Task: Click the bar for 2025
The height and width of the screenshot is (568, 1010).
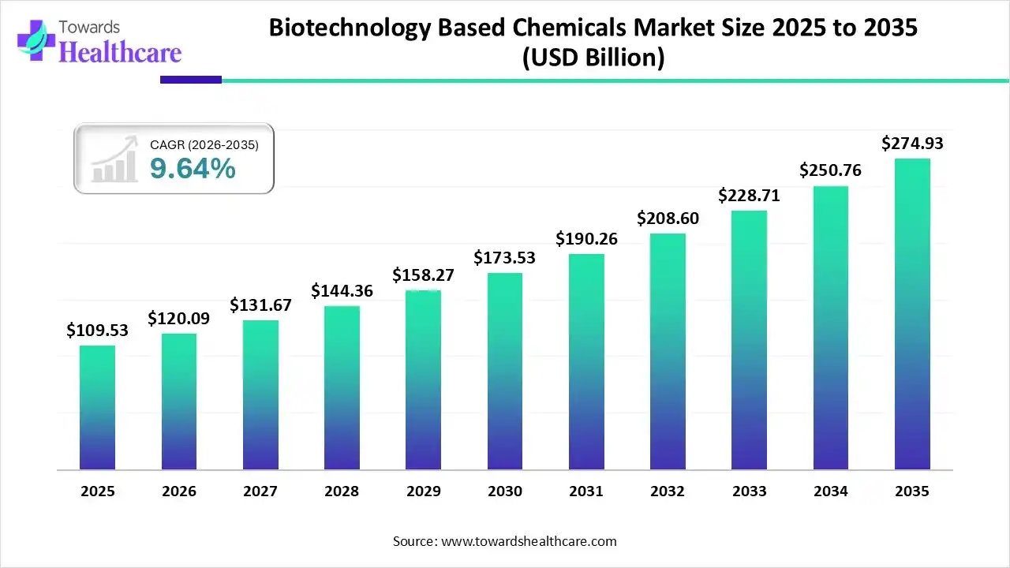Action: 97,408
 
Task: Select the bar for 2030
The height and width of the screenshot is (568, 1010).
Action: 504,372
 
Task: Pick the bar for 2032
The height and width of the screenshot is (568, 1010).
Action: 668,352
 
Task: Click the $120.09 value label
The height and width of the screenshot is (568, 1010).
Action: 178,319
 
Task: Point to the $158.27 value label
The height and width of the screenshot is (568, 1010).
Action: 423,275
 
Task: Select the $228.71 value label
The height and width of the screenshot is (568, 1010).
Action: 749,196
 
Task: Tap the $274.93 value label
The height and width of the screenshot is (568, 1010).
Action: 912,144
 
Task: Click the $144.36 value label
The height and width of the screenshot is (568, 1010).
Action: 342,291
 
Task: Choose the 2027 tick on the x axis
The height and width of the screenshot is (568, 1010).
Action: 260,491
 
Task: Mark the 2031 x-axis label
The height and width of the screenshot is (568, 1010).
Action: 586,491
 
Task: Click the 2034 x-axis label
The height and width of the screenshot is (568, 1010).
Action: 831,491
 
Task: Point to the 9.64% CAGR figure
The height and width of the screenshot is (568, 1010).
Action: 193,168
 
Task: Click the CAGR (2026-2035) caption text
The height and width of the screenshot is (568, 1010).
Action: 204,144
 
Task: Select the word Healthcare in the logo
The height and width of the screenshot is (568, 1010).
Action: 120,52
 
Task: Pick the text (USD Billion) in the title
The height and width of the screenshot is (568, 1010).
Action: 593,58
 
